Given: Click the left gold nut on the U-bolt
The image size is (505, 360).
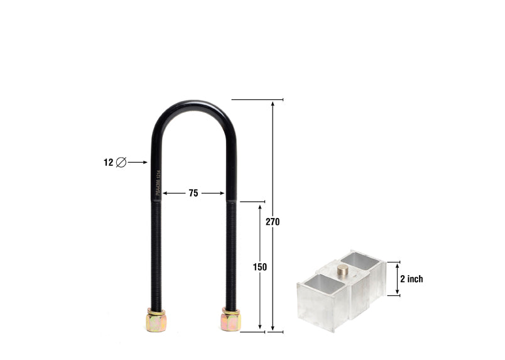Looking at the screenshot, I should click(x=156, y=321).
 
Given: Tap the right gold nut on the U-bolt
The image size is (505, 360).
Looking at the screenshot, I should click(x=231, y=320).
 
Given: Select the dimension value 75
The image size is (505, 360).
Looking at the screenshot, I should click(x=193, y=194).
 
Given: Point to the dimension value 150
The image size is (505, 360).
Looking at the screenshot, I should click(x=260, y=267).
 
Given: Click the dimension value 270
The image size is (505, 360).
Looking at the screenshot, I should click(x=273, y=222).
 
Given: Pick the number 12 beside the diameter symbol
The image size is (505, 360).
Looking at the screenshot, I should click(x=109, y=162).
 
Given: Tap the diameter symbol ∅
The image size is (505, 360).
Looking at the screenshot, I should click(x=121, y=162).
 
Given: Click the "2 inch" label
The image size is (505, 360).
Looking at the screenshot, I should click(x=411, y=279).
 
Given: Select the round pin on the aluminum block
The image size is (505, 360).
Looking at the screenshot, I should click(x=342, y=270).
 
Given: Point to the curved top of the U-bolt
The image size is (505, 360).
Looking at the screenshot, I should click(x=194, y=104).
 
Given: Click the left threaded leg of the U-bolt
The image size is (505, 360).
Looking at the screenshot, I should click(x=156, y=251).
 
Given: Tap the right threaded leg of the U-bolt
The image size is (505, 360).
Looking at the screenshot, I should click(x=231, y=251).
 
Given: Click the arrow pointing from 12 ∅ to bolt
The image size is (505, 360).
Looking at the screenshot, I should click(x=138, y=162).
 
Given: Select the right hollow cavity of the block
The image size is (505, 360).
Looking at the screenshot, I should click(x=362, y=261).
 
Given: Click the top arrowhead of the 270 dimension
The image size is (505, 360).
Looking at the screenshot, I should click(x=273, y=103).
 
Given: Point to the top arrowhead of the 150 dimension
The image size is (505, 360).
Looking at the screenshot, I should click(x=260, y=205).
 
